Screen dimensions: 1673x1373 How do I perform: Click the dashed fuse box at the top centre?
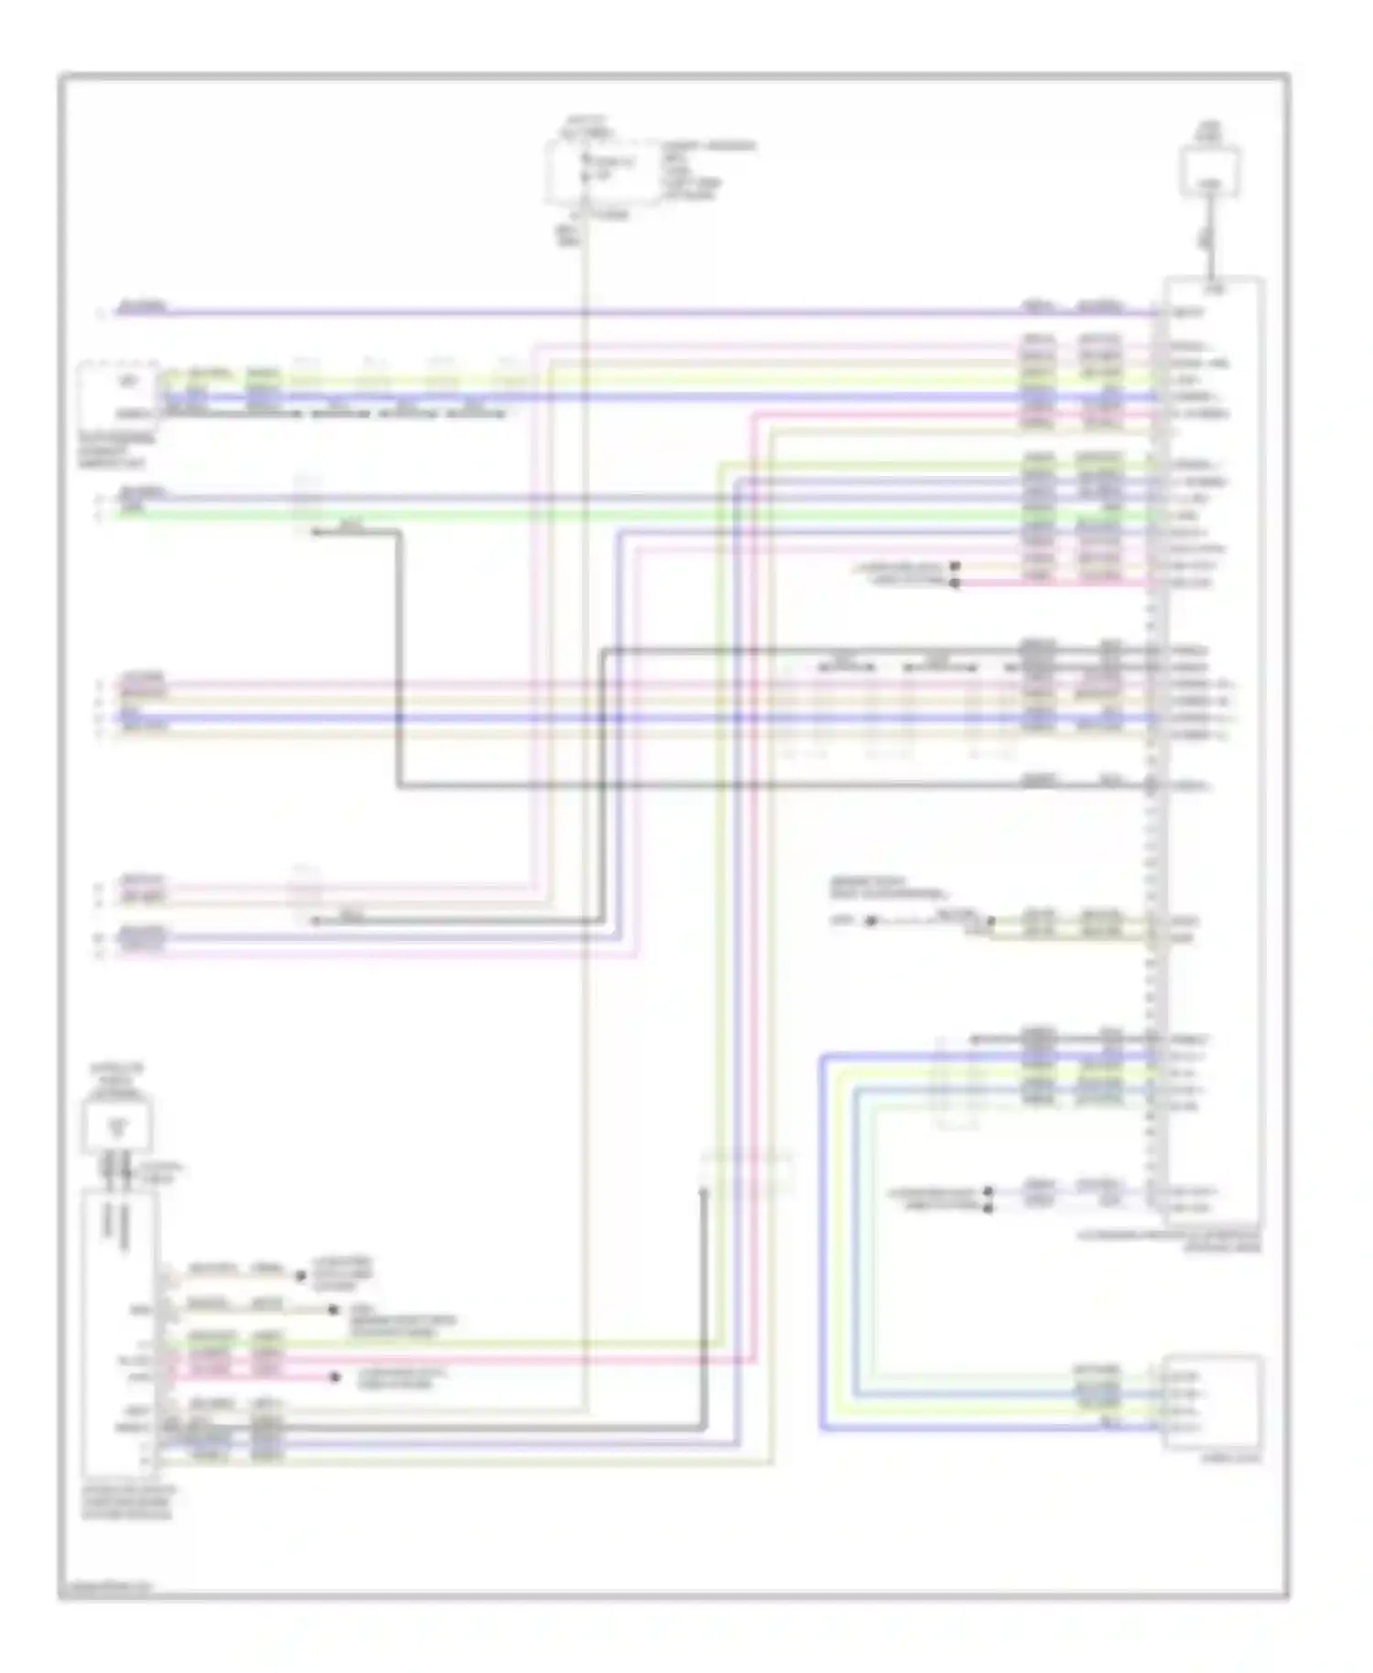600,171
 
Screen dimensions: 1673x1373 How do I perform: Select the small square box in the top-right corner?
1209,171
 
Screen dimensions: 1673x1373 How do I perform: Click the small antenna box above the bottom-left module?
117,1125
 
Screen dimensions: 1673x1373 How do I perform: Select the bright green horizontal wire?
641,516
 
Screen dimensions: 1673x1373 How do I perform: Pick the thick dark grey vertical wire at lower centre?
704,1309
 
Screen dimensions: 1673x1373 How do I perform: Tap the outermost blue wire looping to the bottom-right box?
820,1245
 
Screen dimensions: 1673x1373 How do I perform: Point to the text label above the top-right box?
1208,134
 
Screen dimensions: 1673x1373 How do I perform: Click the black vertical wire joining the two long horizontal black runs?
399,659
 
